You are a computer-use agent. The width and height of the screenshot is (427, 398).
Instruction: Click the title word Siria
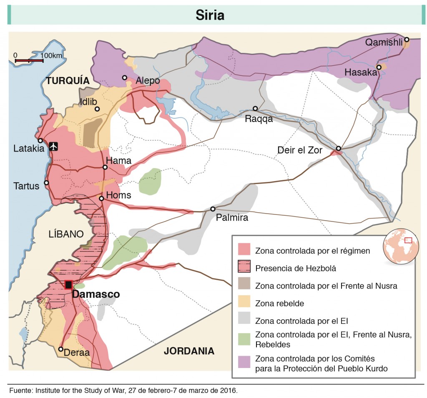[210, 15]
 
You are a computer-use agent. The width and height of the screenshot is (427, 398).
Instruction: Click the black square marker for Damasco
[68, 285]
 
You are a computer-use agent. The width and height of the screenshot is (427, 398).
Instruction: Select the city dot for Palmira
[213, 209]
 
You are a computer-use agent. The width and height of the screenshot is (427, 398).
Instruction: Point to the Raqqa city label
[259, 119]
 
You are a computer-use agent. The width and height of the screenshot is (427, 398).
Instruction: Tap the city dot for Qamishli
[407, 40]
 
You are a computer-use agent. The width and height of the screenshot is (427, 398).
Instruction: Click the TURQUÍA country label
[68, 81]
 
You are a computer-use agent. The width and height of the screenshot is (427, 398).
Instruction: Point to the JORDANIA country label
[189, 351]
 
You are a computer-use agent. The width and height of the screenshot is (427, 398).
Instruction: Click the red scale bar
[29, 61]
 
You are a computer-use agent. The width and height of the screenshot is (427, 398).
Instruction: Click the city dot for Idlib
[97, 109]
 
